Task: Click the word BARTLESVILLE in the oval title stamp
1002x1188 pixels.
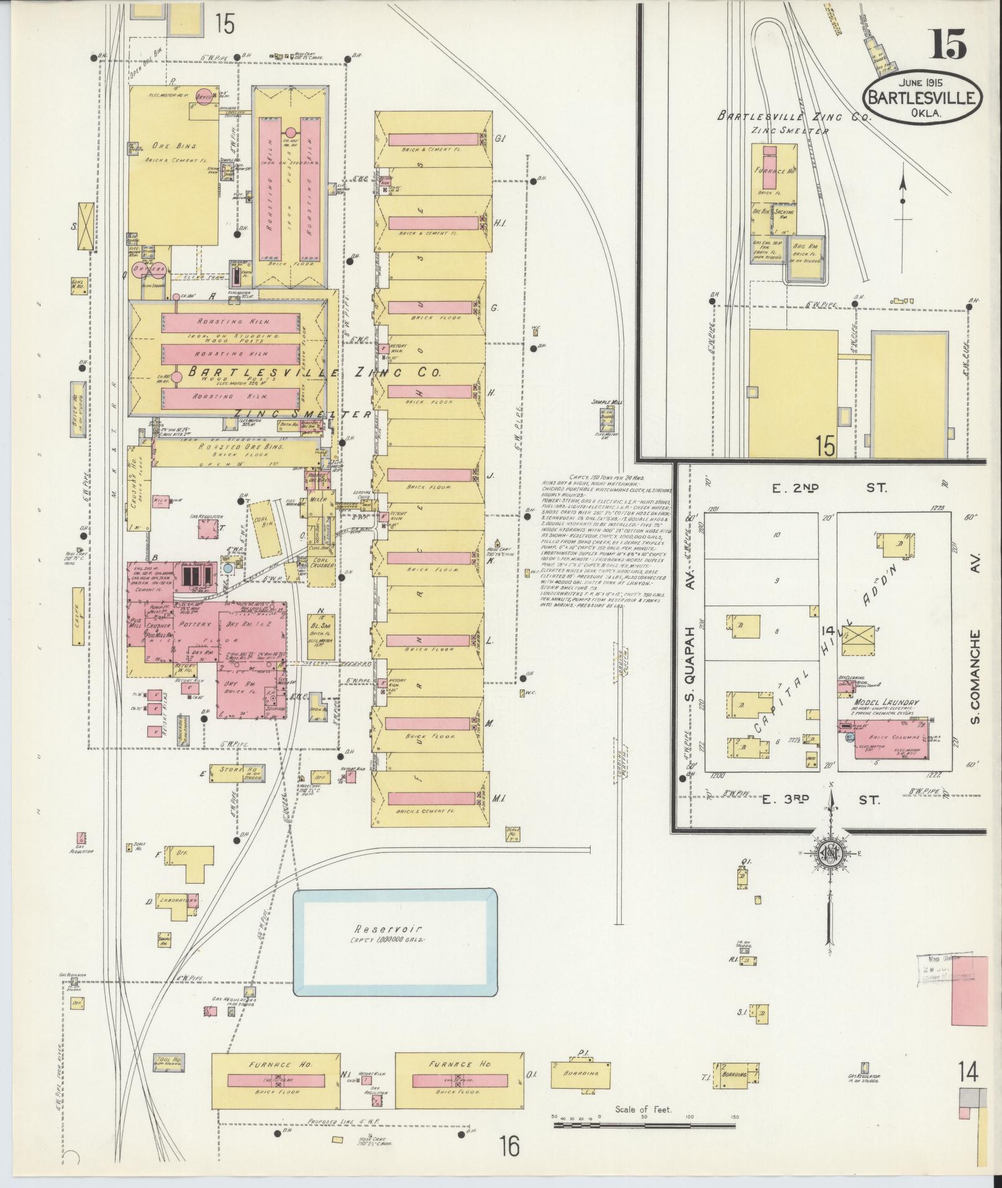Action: pos(922,98)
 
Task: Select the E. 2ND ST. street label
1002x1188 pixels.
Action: pos(831,489)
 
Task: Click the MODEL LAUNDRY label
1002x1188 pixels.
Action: pos(887,702)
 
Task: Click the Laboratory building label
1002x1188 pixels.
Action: pos(178,900)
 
